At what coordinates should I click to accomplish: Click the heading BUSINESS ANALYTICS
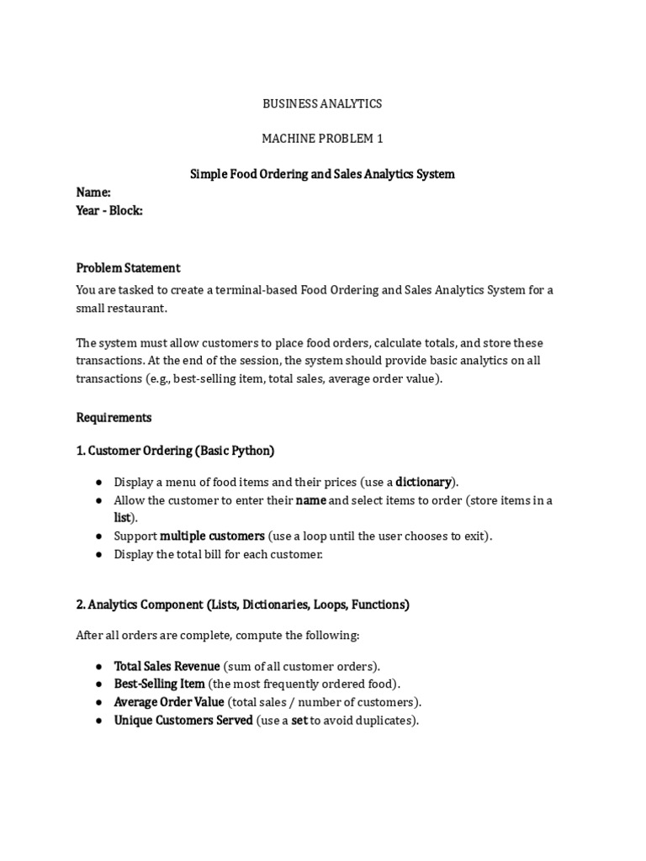tap(322, 103)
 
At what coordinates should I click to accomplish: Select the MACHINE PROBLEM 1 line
tap(322, 139)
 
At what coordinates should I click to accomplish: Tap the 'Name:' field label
tap(93, 193)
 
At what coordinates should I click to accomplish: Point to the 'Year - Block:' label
tap(109, 210)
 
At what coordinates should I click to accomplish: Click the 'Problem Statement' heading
tap(128, 267)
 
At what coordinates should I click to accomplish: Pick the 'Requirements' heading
tap(114, 417)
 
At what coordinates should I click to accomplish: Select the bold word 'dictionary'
tap(424, 482)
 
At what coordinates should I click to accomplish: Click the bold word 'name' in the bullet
tap(310, 500)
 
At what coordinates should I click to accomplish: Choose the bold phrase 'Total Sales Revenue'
tap(167, 666)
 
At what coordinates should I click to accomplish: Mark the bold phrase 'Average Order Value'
tap(169, 702)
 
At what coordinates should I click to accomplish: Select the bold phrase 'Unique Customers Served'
tap(183, 721)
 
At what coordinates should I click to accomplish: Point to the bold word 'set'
tap(299, 721)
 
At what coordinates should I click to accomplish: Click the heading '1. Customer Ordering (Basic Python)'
tap(175, 451)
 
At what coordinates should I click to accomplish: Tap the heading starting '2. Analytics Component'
tap(242, 605)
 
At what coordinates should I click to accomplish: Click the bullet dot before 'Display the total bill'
tap(99, 555)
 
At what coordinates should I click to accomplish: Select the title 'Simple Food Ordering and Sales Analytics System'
tap(322, 174)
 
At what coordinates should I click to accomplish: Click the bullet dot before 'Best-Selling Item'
tap(99, 684)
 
